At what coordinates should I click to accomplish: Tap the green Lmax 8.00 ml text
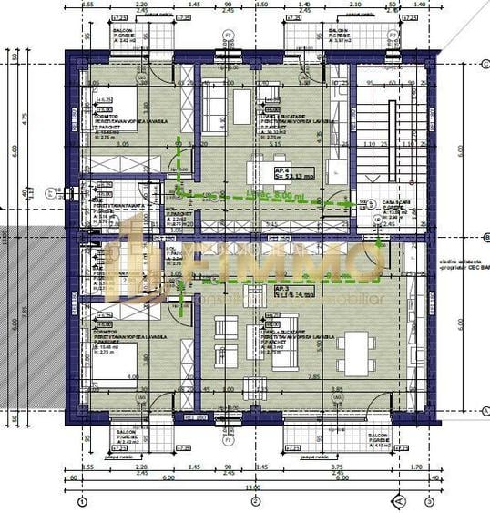point(272,195)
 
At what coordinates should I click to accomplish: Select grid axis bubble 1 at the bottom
point(83,501)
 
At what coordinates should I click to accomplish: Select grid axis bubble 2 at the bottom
point(256,501)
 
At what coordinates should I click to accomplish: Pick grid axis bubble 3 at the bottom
point(427,501)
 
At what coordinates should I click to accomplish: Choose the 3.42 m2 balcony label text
point(125,39)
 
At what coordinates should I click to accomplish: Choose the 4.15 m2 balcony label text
point(382,443)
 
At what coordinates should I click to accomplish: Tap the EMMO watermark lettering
point(291,264)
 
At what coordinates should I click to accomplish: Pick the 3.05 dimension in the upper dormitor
point(125,144)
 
